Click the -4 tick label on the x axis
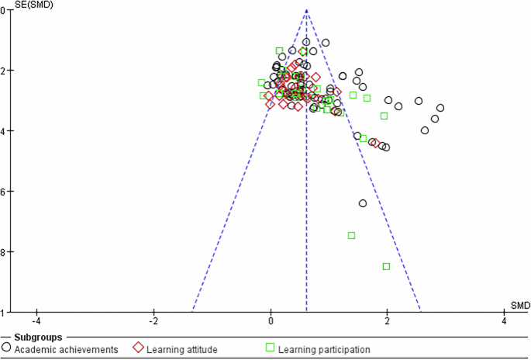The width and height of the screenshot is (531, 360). [36, 321]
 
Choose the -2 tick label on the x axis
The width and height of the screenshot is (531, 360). [153, 321]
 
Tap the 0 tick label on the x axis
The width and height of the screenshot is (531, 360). [271, 321]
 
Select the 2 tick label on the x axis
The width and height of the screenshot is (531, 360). [388, 321]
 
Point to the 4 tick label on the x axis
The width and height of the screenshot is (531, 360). [505, 321]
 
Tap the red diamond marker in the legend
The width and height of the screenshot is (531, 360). [139, 348]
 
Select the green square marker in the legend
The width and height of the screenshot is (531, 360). [271, 348]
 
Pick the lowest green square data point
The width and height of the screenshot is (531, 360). [386, 266]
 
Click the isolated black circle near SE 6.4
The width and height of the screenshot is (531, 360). [363, 203]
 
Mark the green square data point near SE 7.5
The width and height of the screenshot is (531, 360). [351, 235]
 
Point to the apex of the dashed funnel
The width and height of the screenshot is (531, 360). [306, 10]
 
